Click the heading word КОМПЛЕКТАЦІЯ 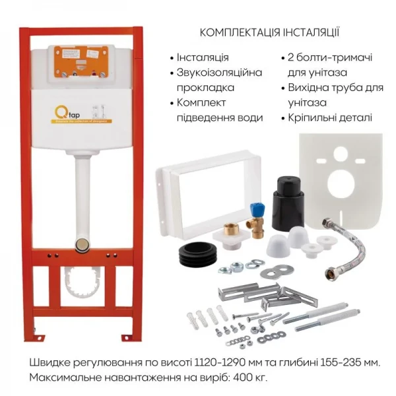[238, 32]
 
